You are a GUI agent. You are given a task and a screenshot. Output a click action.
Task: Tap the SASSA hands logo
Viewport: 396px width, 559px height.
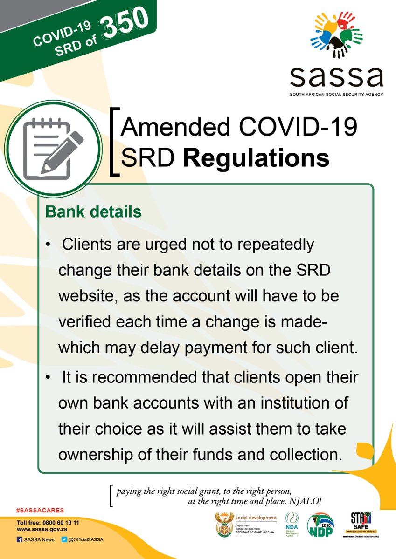click(x=336, y=36)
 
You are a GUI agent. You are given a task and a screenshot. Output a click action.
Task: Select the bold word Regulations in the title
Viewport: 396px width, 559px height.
click(x=256, y=158)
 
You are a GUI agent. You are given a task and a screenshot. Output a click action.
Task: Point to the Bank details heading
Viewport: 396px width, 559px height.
click(x=93, y=212)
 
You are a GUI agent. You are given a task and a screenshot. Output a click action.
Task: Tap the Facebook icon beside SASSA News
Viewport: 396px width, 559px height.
click(x=20, y=540)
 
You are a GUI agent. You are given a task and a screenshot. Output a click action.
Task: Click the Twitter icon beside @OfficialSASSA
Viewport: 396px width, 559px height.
click(x=64, y=540)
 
